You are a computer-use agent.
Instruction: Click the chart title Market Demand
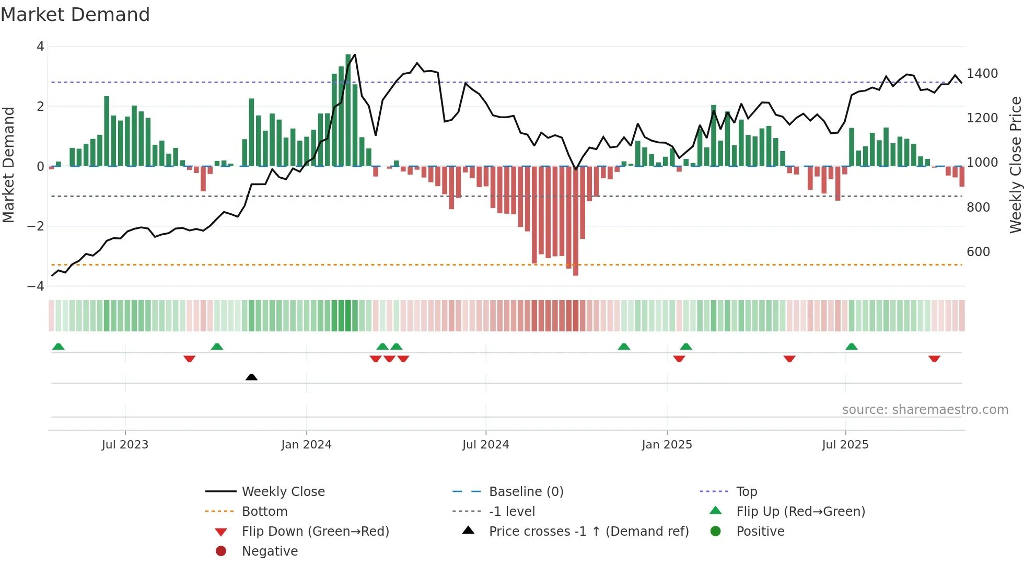(x=75, y=15)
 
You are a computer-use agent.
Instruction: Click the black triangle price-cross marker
(x=251, y=377)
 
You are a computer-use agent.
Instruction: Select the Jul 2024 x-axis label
(x=485, y=445)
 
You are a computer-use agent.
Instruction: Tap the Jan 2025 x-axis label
(x=667, y=445)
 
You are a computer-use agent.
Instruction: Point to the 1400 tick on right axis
(x=982, y=74)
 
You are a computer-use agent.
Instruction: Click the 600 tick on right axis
(x=978, y=252)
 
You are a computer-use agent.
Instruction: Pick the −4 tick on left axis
(x=36, y=286)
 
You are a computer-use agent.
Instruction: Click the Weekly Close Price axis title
(x=1015, y=165)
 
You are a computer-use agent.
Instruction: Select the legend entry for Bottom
(x=264, y=512)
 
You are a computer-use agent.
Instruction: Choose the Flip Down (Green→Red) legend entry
(x=315, y=532)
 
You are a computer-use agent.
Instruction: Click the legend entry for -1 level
(x=511, y=512)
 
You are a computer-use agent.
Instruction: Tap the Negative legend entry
(x=270, y=551)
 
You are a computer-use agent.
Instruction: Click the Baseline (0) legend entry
(x=526, y=492)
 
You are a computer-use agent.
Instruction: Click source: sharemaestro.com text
(x=925, y=410)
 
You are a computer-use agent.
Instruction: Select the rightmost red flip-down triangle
(x=934, y=359)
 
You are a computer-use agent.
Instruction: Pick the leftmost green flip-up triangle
(x=59, y=347)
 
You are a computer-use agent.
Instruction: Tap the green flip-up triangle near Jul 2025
(x=852, y=347)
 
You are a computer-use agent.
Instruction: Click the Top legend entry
(x=746, y=492)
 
